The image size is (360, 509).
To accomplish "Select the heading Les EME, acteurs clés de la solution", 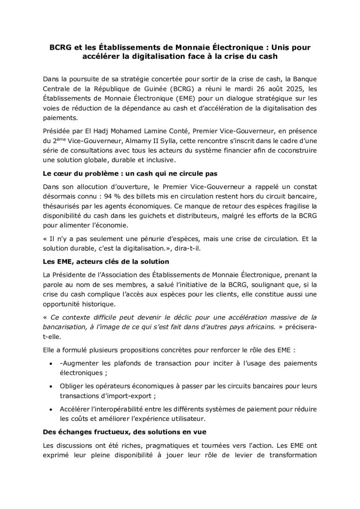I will pos(106,261).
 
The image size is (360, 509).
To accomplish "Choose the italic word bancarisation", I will pos(63,327).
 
